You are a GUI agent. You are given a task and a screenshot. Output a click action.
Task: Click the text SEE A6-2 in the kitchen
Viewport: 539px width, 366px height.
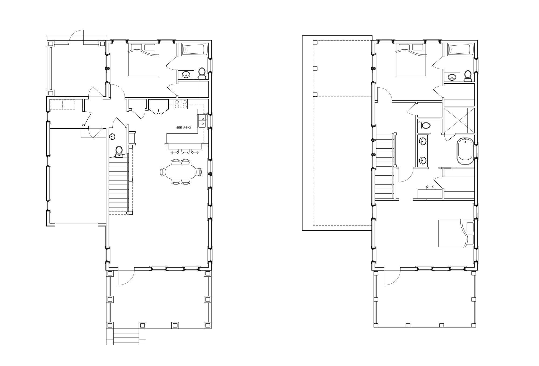tap(184, 127)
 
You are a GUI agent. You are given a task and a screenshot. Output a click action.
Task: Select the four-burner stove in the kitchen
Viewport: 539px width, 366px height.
tap(181, 104)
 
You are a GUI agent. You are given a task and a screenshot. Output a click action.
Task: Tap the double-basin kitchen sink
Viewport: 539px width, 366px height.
tap(202, 121)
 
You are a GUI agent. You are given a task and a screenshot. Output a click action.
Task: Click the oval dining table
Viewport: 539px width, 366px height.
tap(181, 172)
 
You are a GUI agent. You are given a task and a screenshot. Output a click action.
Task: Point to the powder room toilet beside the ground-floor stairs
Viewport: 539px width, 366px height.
tap(119, 152)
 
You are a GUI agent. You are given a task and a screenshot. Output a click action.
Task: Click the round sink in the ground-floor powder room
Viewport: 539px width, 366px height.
tap(112, 137)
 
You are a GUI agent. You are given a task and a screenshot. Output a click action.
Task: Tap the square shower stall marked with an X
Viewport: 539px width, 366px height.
tap(459, 120)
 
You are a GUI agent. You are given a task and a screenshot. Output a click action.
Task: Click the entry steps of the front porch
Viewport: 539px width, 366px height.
tap(126, 337)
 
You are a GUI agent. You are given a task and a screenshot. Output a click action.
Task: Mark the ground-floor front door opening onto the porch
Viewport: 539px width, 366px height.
tap(126, 277)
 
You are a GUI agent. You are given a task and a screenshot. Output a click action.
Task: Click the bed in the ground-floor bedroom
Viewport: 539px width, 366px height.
tap(143, 60)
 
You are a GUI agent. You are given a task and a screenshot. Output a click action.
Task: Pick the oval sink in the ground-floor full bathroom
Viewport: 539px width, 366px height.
tap(186, 75)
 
